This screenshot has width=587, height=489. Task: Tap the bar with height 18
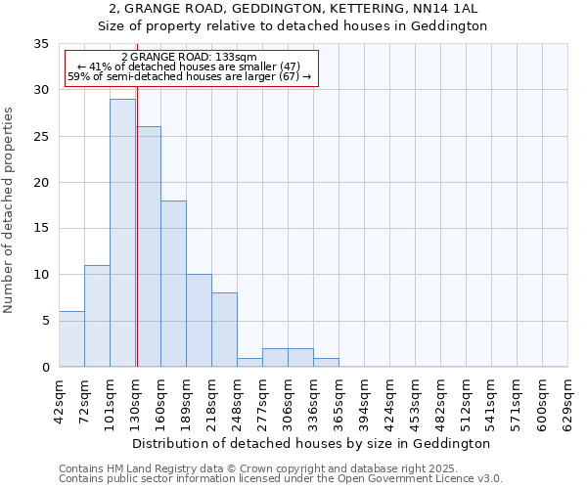173,284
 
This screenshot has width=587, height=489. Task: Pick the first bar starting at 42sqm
71,338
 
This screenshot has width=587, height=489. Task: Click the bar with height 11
97,316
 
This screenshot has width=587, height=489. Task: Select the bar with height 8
224,330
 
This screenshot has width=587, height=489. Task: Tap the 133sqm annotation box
190,67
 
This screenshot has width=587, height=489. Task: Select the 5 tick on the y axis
45,321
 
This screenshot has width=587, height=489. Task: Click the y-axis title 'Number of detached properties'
10,210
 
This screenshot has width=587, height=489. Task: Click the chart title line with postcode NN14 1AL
293,9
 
